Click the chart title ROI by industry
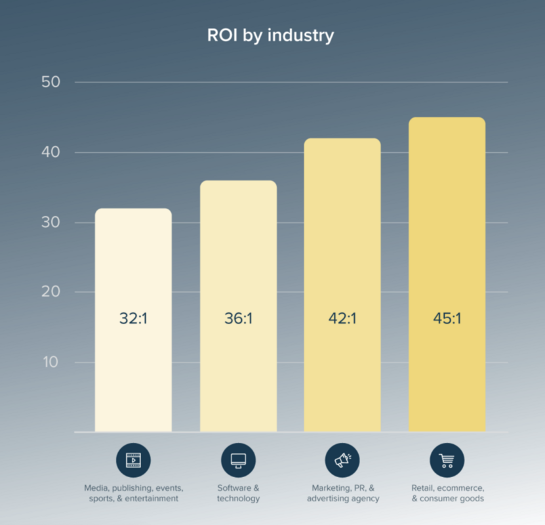click(270, 35)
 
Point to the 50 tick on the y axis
click(50, 83)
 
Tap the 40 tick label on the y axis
click(50, 152)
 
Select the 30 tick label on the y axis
click(50, 222)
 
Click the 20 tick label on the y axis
click(50, 292)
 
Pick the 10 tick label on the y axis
click(50, 362)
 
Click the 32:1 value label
click(133, 319)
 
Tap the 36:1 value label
click(238, 319)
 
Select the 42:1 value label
click(342, 319)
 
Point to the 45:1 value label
click(447, 319)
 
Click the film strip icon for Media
click(133, 460)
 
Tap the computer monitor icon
click(238, 460)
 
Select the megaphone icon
click(342, 460)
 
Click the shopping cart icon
click(447, 460)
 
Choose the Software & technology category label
click(238, 493)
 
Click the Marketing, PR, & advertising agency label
click(342, 493)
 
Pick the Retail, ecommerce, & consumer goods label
click(447, 493)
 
